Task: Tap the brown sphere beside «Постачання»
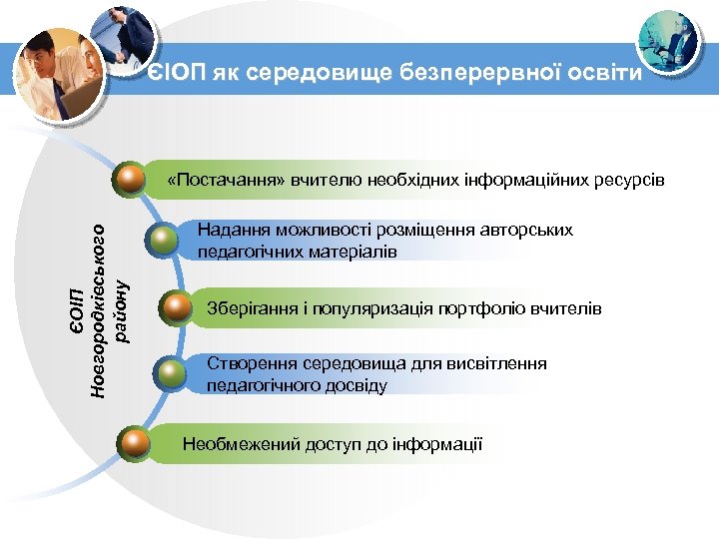(x=130, y=180)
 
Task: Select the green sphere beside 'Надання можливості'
(x=162, y=240)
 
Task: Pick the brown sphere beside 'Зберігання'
(x=177, y=307)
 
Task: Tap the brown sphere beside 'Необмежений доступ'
(x=132, y=440)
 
